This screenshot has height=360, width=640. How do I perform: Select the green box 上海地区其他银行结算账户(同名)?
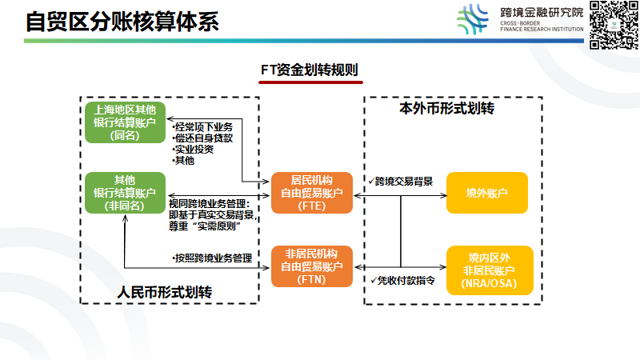click(x=125, y=122)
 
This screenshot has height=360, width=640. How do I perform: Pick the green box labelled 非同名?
click(x=125, y=193)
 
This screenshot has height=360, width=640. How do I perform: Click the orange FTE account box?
click(x=311, y=193)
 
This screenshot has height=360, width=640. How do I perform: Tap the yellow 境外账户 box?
click(x=488, y=193)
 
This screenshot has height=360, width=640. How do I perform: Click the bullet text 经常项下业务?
click(x=204, y=127)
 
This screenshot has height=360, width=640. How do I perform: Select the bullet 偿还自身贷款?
click(x=204, y=138)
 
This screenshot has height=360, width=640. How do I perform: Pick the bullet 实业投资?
click(x=194, y=150)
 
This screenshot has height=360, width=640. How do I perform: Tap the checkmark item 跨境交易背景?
click(x=403, y=182)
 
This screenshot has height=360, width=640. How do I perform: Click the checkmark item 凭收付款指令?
click(x=403, y=280)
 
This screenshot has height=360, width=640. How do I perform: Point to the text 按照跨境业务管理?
click(x=213, y=258)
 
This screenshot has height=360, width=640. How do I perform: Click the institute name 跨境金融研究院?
click(x=542, y=13)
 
